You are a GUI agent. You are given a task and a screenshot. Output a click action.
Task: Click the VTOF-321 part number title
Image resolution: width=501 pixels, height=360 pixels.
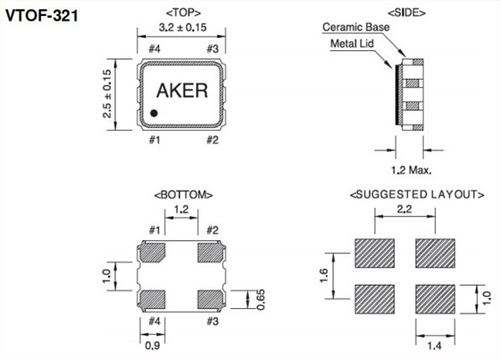[41, 15]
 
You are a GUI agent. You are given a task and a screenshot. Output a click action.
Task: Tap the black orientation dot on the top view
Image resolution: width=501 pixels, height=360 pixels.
[154, 113]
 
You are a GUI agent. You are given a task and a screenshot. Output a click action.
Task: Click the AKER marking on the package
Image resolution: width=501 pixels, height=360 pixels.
[182, 90]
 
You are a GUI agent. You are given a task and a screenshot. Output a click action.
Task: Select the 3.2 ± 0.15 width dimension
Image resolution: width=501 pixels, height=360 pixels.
[183, 27]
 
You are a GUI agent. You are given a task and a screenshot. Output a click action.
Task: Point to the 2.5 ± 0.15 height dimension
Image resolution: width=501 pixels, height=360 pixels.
[107, 94]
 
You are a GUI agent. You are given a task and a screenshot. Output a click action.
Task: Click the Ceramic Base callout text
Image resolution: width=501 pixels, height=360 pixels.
[356, 27]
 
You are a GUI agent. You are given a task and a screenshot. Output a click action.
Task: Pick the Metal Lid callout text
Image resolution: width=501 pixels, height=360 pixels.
[352, 44]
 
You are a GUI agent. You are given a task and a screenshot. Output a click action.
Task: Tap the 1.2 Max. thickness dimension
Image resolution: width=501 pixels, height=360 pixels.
[412, 170]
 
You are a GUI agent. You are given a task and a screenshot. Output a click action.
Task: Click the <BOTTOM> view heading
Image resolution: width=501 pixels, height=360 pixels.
[183, 194]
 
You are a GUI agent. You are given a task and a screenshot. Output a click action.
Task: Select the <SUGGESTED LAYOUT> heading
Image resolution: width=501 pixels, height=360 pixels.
[417, 194]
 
